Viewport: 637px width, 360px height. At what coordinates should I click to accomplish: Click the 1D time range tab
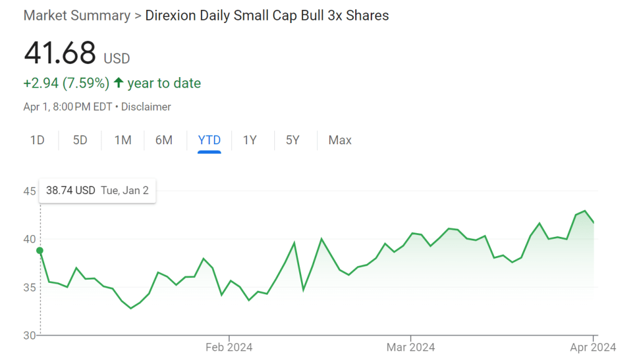coord(37,140)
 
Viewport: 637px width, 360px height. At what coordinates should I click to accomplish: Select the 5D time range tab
coord(80,140)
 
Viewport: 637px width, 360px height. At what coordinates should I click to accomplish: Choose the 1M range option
coord(123,140)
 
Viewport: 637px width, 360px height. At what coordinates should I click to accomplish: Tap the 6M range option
coord(164,140)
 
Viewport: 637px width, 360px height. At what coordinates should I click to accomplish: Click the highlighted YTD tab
coord(209,140)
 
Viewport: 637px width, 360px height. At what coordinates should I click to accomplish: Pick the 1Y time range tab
coord(249,140)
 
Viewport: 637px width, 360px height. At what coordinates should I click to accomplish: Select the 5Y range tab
coord(292,140)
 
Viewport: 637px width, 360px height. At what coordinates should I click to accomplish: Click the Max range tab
coord(340,140)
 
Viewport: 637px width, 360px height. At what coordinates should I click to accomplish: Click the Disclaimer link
coord(146,107)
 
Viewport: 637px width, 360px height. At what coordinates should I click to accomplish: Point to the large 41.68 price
coord(60,53)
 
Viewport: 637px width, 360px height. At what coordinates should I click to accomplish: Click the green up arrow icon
coord(118,83)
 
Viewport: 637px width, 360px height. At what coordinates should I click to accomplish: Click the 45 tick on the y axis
coord(29,191)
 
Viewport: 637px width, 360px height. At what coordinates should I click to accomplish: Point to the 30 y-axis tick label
coord(29,335)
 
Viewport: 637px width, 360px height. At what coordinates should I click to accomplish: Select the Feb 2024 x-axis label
coord(229,347)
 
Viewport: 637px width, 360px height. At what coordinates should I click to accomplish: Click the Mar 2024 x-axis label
coord(410,347)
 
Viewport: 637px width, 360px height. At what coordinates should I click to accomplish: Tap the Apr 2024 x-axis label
coord(593,347)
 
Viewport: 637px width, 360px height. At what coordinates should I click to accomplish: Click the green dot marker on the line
coord(40,251)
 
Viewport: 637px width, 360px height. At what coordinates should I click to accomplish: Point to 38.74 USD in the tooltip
coord(70,190)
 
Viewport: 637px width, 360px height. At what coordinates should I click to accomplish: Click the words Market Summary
coord(77,16)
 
